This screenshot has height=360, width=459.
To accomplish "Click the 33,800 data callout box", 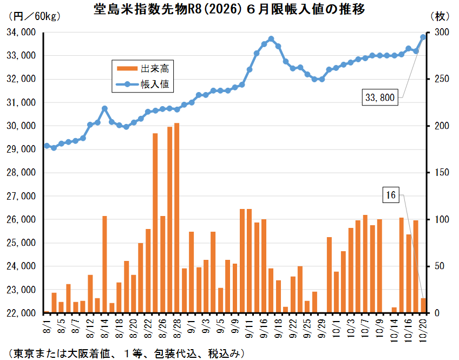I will pos(381,98).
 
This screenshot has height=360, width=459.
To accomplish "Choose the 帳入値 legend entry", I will pos(146,84).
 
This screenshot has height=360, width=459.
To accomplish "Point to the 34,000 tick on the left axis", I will pos(21,32).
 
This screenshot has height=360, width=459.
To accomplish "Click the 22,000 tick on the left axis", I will pos(21,313).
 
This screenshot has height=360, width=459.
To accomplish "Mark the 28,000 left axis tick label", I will pos(21,173).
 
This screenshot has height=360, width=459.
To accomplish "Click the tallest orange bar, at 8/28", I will pos(177,217).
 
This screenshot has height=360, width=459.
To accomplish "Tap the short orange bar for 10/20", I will pos(423,306).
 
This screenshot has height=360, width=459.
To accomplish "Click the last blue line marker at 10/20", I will pos(423,37).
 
